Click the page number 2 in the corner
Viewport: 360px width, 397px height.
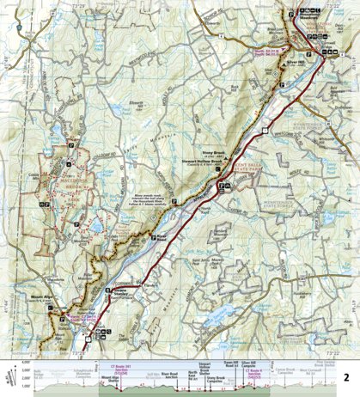pos(347,352)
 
